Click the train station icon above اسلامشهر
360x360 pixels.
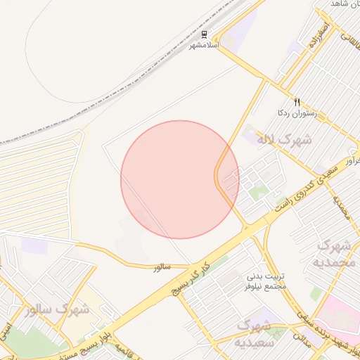[204, 34]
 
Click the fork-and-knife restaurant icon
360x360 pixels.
[297, 102]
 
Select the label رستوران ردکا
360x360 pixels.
[297, 112]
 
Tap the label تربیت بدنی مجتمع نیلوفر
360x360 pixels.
[265, 281]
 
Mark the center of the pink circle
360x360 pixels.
[180, 180]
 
